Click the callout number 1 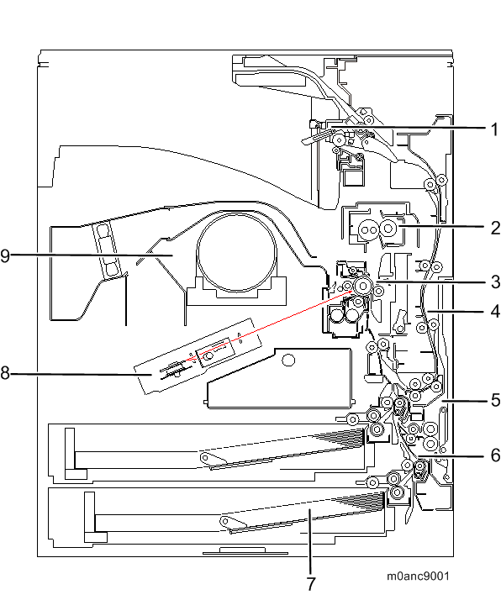pyautogui.click(x=494, y=129)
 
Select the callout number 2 pyautogui.click(x=495, y=228)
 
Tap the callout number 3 pyautogui.click(x=495, y=282)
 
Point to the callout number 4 pyautogui.click(x=495, y=312)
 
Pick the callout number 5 pyautogui.click(x=495, y=400)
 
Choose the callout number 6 pyautogui.click(x=495, y=455)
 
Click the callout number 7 pyautogui.click(x=311, y=584)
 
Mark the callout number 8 pyautogui.click(x=5, y=373)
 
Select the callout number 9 pyautogui.click(x=5, y=255)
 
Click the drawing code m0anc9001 pyautogui.click(x=418, y=576)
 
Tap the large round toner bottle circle pyautogui.click(x=236, y=253)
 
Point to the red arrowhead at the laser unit pyautogui.click(x=188, y=359)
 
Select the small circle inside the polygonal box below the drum pyautogui.click(x=288, y=360)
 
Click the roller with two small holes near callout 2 pyautogui.click(x=368, y=230)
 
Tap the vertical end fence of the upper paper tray pyautogui.click(x=70, y=449)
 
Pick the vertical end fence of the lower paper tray pyautogui.click(x=89, y=512)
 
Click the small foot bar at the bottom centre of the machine pyautogui.click(x=245, y=551)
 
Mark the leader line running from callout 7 pyautogui.click(x=310, y=540)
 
